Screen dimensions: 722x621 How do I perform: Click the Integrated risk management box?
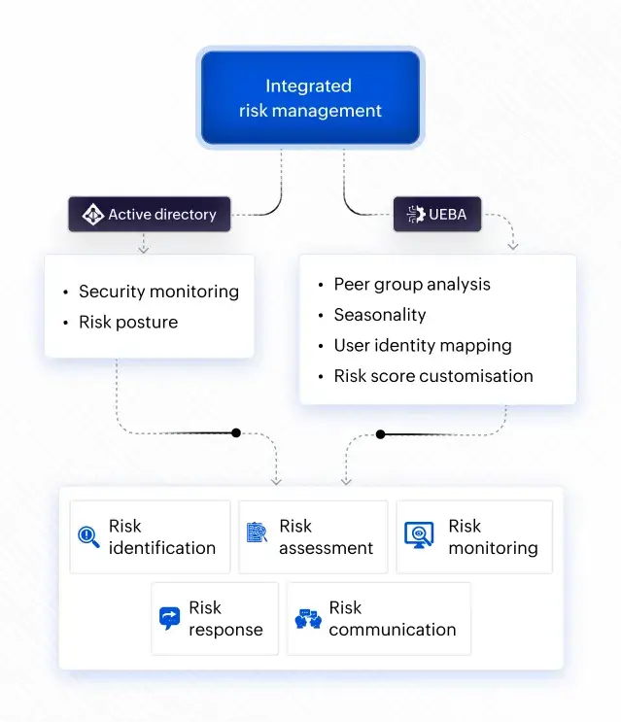coord(309,98)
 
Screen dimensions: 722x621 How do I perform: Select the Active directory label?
coord(161,215)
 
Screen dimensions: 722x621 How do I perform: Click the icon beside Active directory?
coord(92,215)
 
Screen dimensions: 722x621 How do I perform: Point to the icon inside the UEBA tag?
coord(415,215)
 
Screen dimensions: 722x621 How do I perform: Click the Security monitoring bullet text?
coord(158,292)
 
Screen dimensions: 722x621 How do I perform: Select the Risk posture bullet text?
coord(128,323)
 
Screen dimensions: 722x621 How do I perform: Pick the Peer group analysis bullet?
coord(412,285)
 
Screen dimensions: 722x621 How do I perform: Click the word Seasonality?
coord(380,315)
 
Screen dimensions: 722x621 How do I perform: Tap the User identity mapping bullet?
coord(422,345)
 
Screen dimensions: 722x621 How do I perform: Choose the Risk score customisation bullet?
coord(433,376)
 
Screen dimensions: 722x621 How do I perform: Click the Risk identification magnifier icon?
coord(89,536)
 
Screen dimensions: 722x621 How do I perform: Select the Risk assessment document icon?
coord(257,533)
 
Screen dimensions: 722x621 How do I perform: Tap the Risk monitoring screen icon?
coord(419,535)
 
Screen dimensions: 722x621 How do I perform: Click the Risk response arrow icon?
coord(169,618)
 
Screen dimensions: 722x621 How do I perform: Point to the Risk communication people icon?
coord(308,619)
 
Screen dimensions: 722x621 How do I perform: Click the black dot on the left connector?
coord(236,432)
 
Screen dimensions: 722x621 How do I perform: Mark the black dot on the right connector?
coord(380,434)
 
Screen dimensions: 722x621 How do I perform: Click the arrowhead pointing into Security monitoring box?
coord(143,249)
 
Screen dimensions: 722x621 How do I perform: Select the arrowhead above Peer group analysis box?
coord(512,247)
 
